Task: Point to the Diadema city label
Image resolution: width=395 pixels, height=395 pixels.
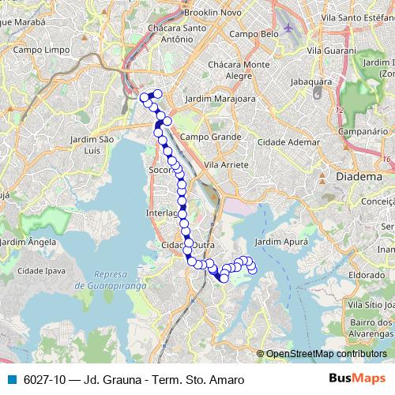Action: [x=359, y=177]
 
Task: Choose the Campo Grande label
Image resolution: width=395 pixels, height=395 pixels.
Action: [x=210, y=136]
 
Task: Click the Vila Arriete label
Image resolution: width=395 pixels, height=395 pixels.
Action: [x=226, y=164]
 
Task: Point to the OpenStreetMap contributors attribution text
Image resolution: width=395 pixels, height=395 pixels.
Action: [x=326, y=353]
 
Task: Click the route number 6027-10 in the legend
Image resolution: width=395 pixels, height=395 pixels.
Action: [x=45, y=379]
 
